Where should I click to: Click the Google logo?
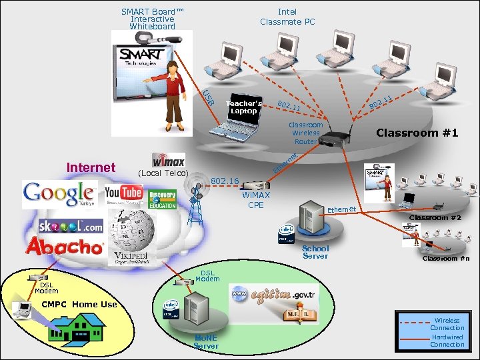pos(59,194)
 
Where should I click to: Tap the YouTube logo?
pos(123,194)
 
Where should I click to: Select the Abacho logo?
pos(65,246)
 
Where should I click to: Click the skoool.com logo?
pos(71,225)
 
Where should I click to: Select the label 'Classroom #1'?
pos(417,133)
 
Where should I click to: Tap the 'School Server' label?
pos(315,252)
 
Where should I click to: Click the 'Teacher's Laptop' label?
pos(243,107)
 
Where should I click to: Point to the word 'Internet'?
pos(91,167)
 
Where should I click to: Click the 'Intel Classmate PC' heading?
pos(287,17)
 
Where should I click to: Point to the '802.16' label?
pos(225,181)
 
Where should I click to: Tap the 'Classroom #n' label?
pos(445,258)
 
